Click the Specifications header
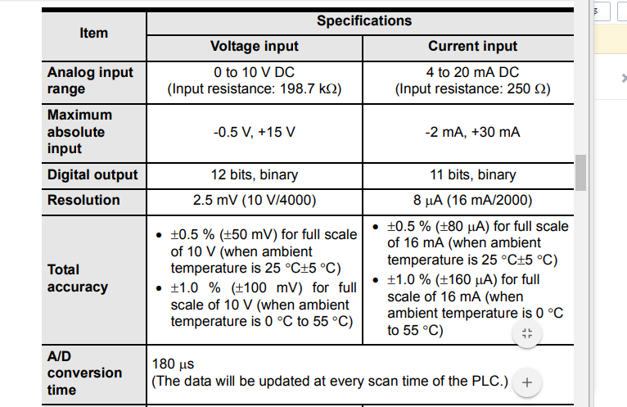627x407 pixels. (x=364, y=20)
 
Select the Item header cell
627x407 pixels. (x=93, y=33)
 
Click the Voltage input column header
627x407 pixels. (x=255, y=46)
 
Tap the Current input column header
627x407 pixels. (x=472, y=46)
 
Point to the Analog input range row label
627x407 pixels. (x=90, y=80)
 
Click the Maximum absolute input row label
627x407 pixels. (x=76, y=131)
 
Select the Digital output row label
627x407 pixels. (x=92, y=174)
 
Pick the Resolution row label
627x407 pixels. (x=83, y=200)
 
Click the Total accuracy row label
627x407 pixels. (x=78, y=278)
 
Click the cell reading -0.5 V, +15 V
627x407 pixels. (x=255, y=132)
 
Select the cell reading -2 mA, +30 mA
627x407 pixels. (x=472, y=132)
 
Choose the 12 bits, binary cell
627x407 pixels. (x=255, y=174)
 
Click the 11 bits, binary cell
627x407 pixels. (x=472, y=174)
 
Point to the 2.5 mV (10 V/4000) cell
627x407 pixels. (x=255, y=200)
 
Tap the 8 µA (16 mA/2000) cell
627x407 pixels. (x=472, y=200)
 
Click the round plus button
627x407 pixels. (x=527, y=382)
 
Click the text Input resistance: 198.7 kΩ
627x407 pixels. (x=255, y=88)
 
